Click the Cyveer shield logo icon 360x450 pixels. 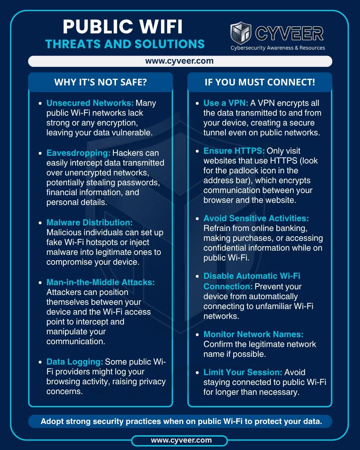point(241,33)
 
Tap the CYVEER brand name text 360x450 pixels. point(289,34)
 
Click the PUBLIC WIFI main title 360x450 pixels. point(123,27)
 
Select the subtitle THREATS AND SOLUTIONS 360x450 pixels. point(125,44)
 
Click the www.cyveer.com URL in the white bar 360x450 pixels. point(179,61)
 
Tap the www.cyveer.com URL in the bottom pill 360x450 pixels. point(181,440)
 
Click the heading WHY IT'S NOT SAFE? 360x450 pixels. point(101,82)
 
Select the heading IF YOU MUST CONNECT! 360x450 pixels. point(260,82)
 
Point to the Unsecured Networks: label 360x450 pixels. point(90,103)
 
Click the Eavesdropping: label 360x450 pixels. point(78,153)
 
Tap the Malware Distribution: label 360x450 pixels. point(90,223)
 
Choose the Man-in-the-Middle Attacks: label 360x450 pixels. point(101,282)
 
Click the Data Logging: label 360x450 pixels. point(75,362)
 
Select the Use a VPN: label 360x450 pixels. point(226,103)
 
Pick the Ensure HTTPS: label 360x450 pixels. point(234,151)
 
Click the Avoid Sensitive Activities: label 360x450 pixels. point(256,218)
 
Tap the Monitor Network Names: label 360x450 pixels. point(253,334)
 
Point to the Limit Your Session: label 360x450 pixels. point(243,372)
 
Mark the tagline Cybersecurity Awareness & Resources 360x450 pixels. point(278,48)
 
